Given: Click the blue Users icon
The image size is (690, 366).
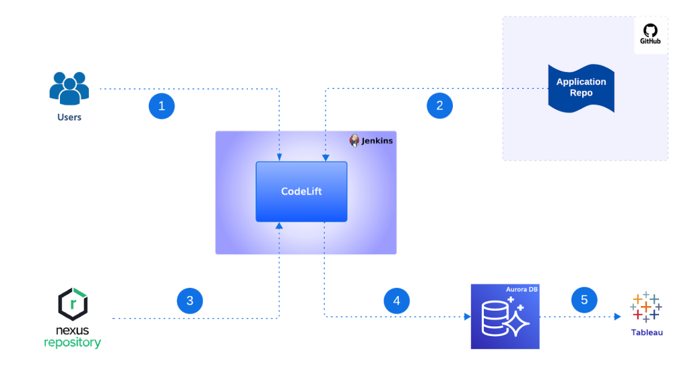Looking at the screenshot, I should (69, 88).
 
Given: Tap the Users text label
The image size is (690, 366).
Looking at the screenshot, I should (69, 117).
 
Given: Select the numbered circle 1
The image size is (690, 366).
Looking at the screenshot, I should (161, 106).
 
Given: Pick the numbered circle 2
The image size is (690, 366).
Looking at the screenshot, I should (439, 105).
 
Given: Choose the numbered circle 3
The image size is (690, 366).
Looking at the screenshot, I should (190, 301).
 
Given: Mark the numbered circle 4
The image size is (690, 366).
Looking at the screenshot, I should (397, 301).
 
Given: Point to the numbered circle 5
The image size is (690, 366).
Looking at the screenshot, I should (584, 300).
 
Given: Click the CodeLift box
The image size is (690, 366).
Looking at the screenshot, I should (301, 191).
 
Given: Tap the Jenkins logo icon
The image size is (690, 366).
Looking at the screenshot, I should (354, 141).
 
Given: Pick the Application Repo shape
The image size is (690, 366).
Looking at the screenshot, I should (581, 88).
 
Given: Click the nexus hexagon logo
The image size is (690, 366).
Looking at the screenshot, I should (72, 303).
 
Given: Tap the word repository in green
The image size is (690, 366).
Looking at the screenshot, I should (72, 342).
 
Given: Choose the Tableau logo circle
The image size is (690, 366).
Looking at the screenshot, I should (645, 307).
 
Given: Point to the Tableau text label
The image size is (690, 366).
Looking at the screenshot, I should (647, 332).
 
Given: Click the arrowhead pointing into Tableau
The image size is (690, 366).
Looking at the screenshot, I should (616, 315).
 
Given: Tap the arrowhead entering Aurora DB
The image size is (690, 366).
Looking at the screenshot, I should (466, 315).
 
